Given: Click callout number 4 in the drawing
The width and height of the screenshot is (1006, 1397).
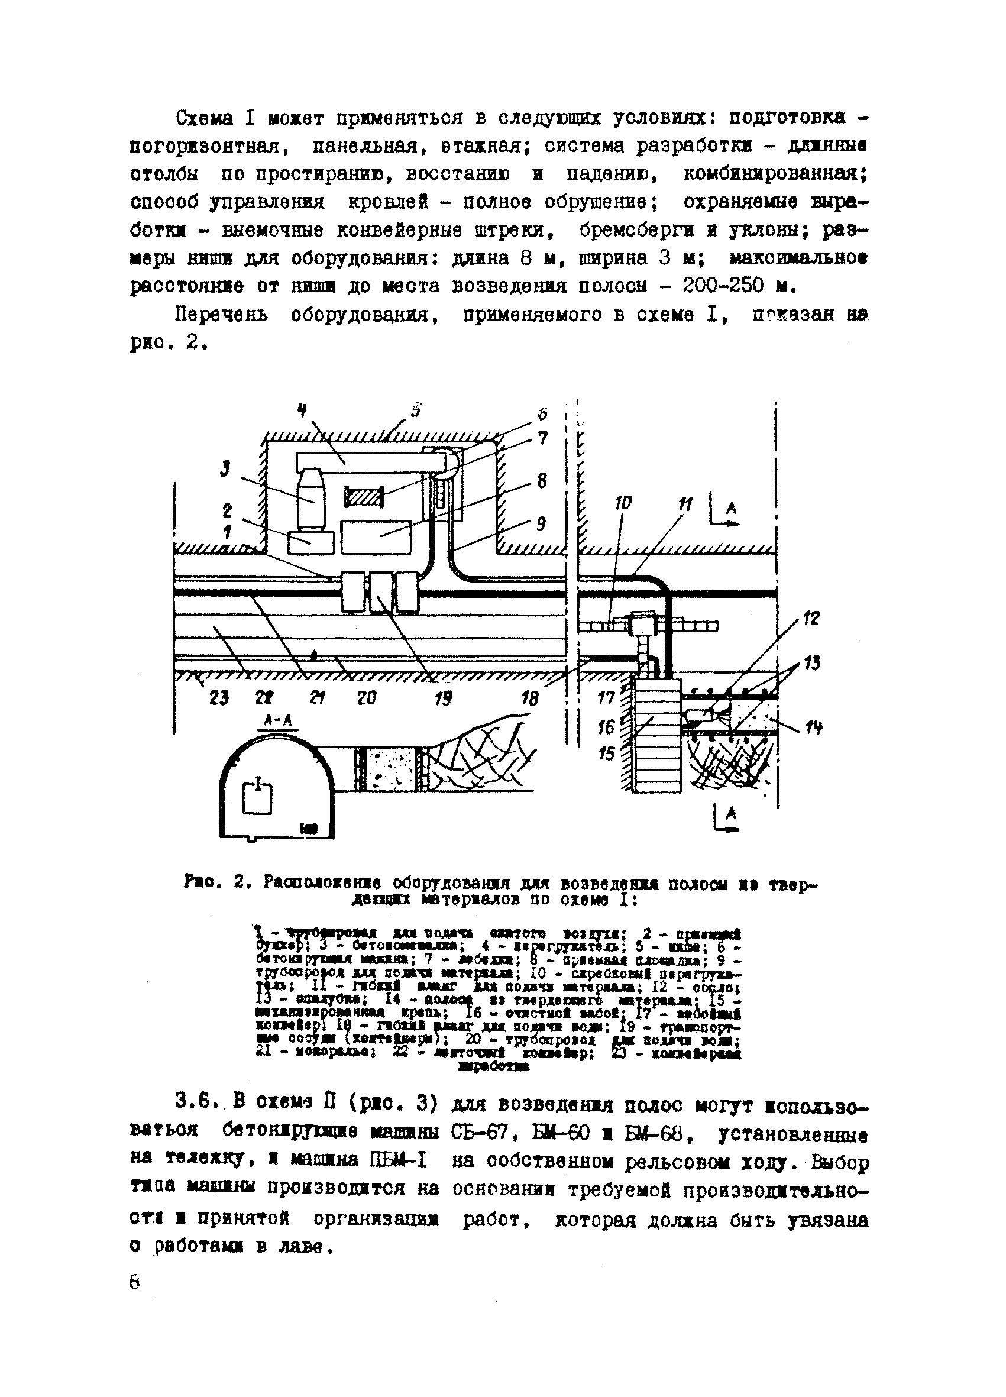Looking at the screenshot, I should [x=302, y=410].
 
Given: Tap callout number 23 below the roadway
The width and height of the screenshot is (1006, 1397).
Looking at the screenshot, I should [x=219, y=698].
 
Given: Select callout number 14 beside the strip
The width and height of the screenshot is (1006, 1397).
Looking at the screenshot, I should [x=813, y=728].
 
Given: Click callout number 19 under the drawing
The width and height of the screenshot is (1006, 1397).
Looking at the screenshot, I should [x=442, y=698].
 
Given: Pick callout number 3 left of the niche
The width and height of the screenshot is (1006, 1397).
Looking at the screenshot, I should [x=225, y=470].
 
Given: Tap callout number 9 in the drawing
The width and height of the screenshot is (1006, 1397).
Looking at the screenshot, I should [x=541, y=523].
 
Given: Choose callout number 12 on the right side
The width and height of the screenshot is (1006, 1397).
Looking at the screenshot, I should [x=811, y=618].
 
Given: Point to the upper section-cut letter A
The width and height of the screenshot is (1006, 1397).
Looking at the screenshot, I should [x=731, y=509].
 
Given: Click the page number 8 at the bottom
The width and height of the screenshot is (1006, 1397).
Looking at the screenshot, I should [x=135, y=1282].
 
